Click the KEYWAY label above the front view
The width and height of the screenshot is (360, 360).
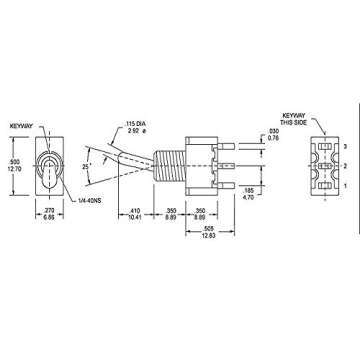22,127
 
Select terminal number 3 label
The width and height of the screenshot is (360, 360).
343,147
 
